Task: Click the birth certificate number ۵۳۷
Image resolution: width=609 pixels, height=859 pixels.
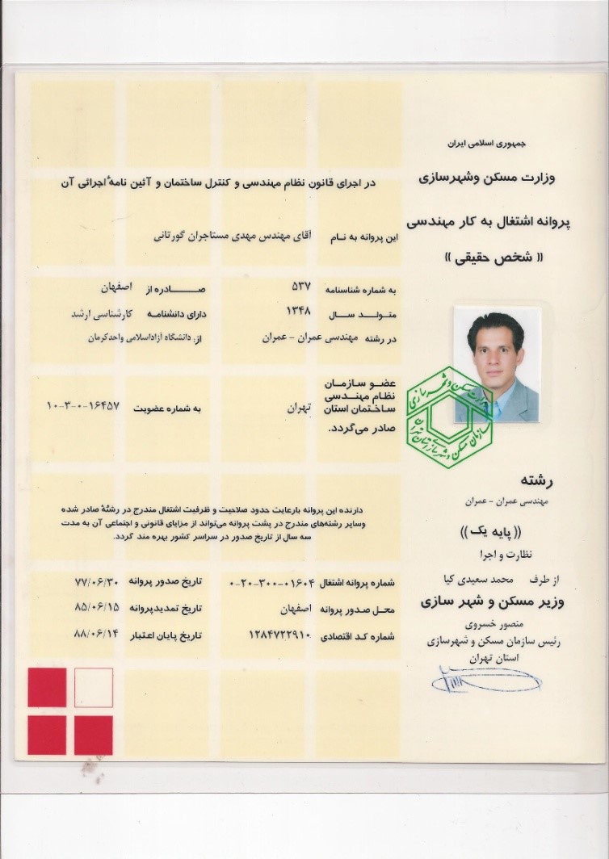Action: point(300,287)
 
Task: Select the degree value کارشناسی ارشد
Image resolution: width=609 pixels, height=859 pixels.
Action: point(96,312)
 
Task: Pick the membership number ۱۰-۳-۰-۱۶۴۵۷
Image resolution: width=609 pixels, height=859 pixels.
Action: point(83,405)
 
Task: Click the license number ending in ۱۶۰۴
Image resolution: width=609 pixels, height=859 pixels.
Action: point(275,582)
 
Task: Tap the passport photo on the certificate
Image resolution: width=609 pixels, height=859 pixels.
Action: point(495,364)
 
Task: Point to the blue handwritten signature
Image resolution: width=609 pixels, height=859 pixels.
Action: point(485,680)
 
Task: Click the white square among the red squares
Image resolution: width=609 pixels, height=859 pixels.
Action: point(94,688)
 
